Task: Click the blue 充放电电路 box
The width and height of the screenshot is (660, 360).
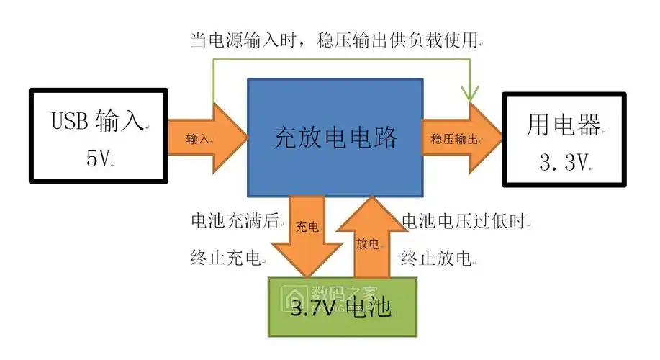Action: pyautogui.click(x=335, y=137)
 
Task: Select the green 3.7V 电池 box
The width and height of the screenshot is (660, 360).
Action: pyautogui.click(x=342, y=306)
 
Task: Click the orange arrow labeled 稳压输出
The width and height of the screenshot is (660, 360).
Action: pyautogui.click(x=461, y=138)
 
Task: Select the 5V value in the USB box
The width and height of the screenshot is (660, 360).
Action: pyautogui.click(x=99, y=158)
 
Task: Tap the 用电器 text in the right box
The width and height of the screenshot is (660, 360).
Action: pyautogui.click(x=564, y=125)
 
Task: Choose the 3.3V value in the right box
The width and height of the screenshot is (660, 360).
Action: pyautogui.click(x=564, y=163)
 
